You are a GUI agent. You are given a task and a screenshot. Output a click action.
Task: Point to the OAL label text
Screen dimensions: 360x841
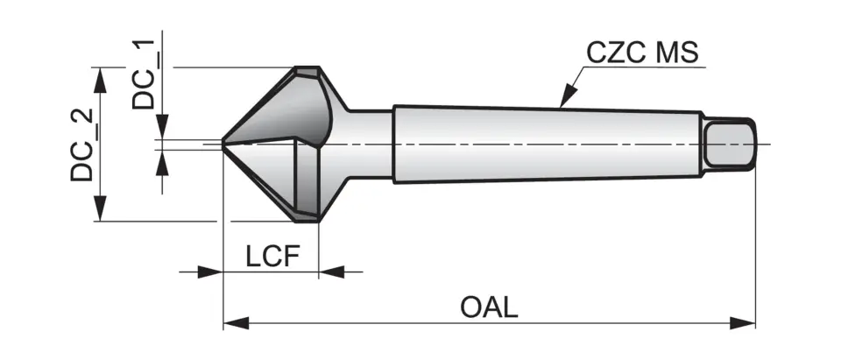(489, 307)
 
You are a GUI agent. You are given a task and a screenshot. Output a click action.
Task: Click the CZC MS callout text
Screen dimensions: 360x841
(642, 53)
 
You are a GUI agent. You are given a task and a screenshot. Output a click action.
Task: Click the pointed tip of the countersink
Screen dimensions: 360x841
(223, 143)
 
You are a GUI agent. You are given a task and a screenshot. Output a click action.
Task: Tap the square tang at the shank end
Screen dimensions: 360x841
(731, 144)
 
